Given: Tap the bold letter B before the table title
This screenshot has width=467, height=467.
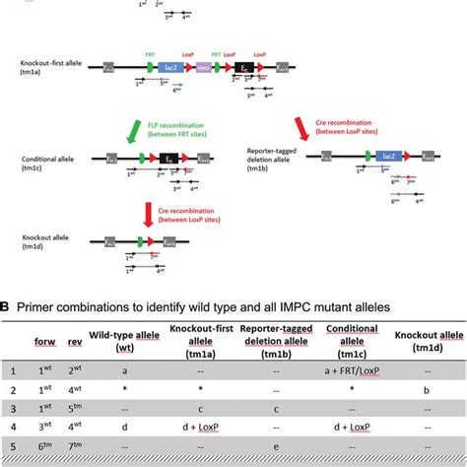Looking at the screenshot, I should (x=6, y=307).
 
